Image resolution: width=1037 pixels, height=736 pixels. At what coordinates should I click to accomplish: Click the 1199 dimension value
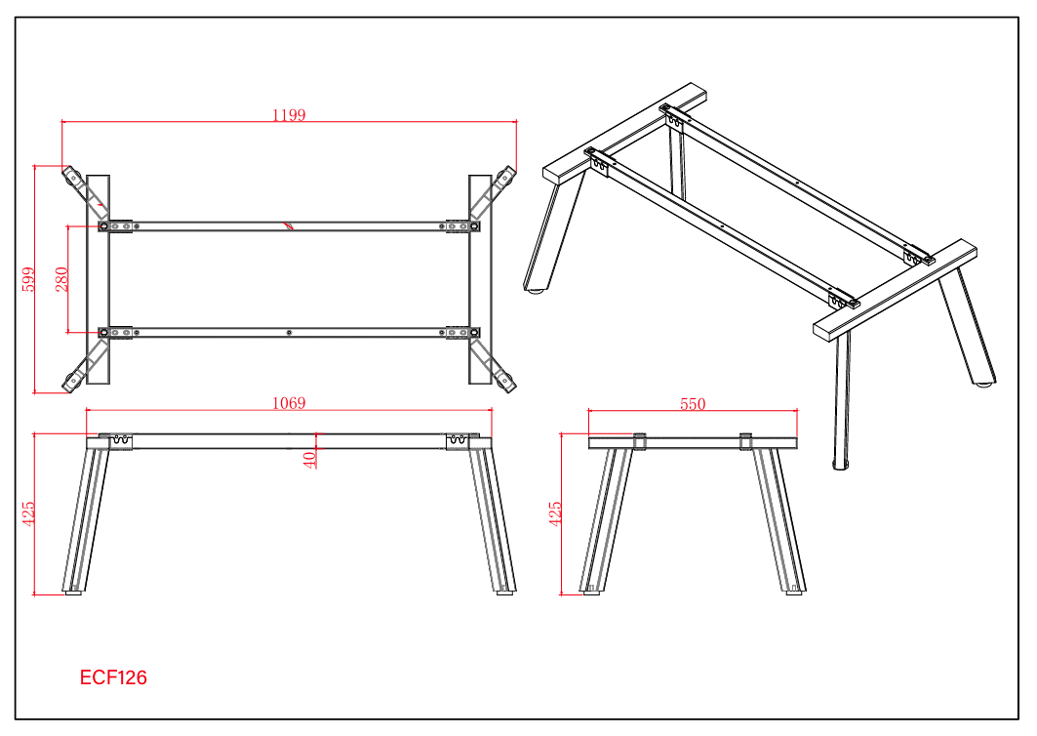289,115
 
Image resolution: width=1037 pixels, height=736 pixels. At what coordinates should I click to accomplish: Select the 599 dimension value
28,279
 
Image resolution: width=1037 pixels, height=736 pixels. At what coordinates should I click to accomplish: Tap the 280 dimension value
61,279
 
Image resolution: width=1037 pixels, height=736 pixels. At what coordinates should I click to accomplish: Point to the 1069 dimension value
289,403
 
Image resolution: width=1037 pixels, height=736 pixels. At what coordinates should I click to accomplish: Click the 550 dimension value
693,404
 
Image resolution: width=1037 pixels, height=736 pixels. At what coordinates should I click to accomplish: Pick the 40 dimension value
309,460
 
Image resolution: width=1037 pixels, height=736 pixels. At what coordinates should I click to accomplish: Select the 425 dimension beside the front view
28,514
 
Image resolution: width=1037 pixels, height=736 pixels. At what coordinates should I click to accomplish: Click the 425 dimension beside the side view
555,514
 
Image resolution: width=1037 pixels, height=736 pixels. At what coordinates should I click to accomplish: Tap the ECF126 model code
113,677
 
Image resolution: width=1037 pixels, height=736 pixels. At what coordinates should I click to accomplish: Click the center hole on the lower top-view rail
289,332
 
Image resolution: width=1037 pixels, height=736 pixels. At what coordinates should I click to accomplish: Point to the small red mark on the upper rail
289,225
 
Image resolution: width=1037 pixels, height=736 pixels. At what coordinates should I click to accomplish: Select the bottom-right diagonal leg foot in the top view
506,383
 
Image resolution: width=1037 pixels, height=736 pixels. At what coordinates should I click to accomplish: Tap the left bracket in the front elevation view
120,441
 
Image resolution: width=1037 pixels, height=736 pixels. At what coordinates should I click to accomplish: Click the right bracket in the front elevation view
458,441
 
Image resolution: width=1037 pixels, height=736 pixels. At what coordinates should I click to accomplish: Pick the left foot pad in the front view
73,593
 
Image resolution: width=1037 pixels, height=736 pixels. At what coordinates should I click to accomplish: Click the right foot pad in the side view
794,593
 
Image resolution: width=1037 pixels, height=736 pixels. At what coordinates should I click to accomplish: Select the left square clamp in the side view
639,441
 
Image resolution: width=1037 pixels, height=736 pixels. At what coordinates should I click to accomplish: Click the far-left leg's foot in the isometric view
536,289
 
